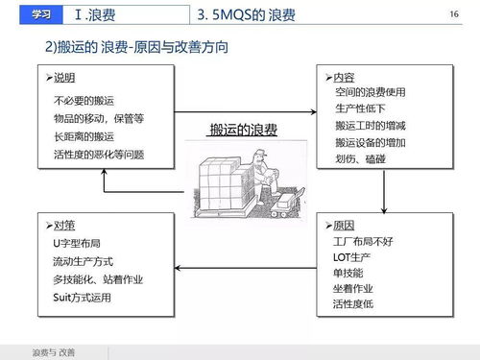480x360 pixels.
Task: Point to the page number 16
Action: pyautogui.click(x=454, y=14)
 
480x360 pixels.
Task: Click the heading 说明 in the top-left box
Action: pyautogui.click(x=64, y=77)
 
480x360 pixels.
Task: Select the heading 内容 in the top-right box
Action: pyautogui.click(x=344, y=77)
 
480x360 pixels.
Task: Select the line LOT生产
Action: pyautogui.click(x=351, y=256)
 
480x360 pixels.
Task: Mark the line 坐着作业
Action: pyautogui.click(x=354, y=287)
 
